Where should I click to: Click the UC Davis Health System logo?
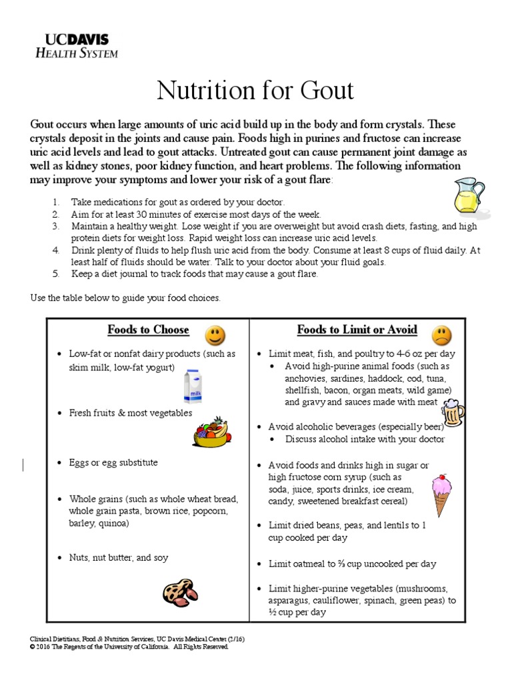click(76, 45)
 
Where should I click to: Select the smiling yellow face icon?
click(215, 334)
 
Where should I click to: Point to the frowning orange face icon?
click(441, 334)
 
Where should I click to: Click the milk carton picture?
click(194, 388)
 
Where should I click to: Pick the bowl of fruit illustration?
click(213, 431)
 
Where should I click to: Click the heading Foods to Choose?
click(148, 330)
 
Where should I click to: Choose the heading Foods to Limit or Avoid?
click(357, 330)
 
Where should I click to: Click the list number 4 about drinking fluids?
click(57, 250)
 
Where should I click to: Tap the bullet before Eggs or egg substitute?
click(61, 462)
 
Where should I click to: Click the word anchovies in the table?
click(306, 378)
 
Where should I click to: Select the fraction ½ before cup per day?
click(273, 612)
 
